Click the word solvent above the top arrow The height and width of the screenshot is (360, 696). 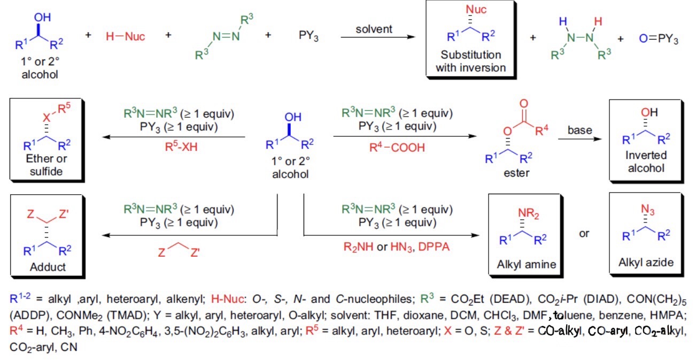click(x=377, y=28)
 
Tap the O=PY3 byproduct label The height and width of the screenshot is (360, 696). click(x=658, y=40)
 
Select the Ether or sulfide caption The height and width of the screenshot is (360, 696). click(x=46, y=164)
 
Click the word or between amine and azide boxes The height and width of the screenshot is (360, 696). click(x=584, y=234)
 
